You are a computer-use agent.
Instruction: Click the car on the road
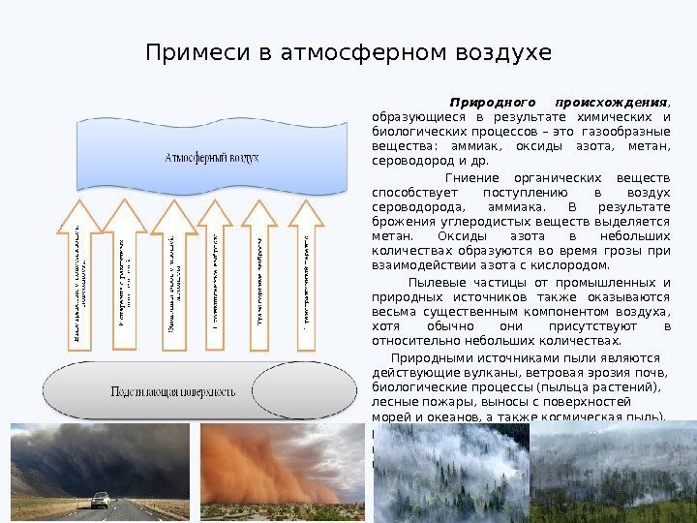click(x=100, y=500)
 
